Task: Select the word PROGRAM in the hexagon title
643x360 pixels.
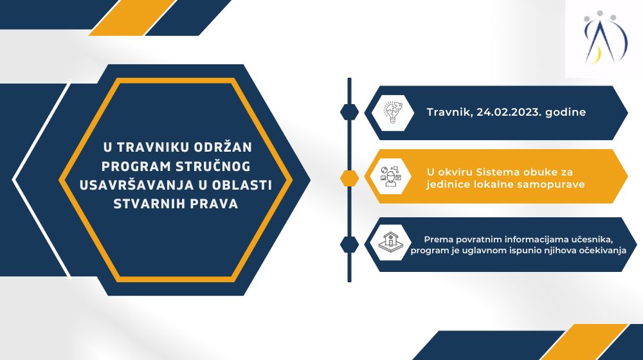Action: pos(136,166)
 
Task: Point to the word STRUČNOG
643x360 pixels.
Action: pos(213,166)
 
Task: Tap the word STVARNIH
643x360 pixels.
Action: pos(149,204)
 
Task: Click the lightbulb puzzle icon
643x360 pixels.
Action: pos(392,113)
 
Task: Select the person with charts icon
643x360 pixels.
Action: pos(390,177)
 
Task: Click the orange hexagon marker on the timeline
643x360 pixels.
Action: pos(349,178)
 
